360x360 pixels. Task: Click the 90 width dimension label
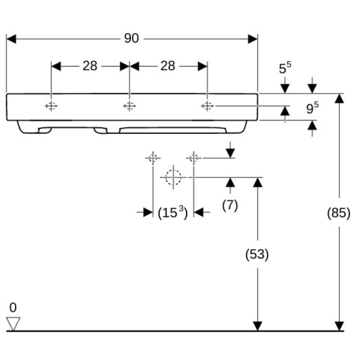[132, 38]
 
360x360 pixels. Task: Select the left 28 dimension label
[90, 66]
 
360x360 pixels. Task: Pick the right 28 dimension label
[168, 66]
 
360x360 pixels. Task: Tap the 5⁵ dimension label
[285, 68]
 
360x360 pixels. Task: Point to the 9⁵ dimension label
[312, 108]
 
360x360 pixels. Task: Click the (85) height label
[338, 213]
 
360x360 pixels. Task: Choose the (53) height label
[257, 254]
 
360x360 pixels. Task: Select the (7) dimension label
[230, 206]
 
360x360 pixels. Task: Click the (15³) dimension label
[173, 212]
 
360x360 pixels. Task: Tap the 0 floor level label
[13, 307]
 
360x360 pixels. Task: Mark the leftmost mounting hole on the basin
[51, 106]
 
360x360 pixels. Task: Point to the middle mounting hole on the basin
[130, 106]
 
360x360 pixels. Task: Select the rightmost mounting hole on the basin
[207, 106]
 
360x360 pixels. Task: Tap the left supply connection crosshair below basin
[153, 158]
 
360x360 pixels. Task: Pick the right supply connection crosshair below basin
[194, 158]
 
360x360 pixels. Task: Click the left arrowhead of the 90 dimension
[11, 39]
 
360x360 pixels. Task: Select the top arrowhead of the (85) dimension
[339, 99]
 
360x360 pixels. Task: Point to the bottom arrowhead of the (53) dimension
[258, 326]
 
